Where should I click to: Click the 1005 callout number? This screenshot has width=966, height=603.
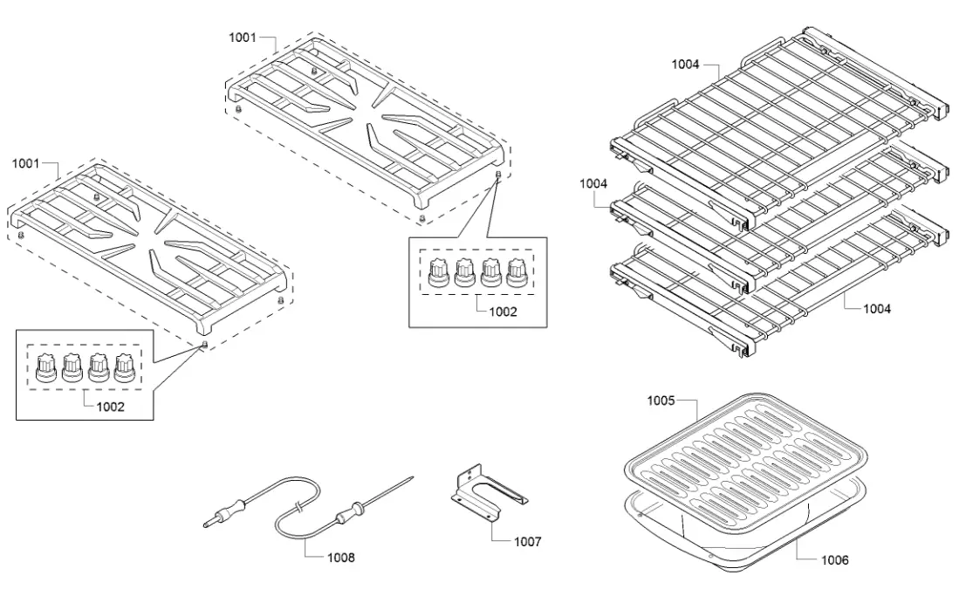(661, 401)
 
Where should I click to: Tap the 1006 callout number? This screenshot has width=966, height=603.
(834, 560)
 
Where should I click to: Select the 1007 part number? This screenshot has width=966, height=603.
(527, 542)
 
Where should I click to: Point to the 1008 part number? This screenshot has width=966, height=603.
(340, 556)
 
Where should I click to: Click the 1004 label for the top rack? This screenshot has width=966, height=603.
(686, 64)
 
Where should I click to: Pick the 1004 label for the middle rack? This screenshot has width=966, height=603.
(593, 183)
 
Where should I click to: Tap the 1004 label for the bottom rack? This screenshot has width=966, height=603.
(877, 308)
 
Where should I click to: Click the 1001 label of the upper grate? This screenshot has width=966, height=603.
(243, 38)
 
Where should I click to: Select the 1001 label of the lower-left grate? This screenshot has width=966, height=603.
(26, 163)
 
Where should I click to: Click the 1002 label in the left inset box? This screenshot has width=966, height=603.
(110, 406)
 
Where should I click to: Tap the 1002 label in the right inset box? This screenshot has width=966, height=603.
(503, 310)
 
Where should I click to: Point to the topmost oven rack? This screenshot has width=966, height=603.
(777, 122)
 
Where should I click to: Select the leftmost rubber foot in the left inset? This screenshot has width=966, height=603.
(45, 370)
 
